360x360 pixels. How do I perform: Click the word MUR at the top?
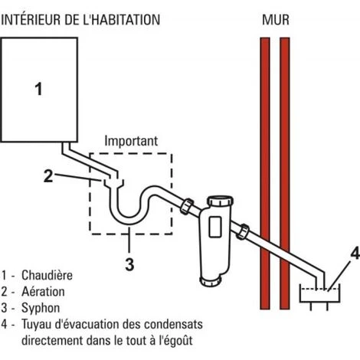click(x=276, y=20)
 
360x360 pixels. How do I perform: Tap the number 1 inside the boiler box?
click(x=38, y=89)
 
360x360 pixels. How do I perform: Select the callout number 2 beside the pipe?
click(x=48, y=175)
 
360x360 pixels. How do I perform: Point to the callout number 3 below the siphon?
click(x=129, y=264)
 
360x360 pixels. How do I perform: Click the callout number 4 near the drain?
click(x=355, y=254)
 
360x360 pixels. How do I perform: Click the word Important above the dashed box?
click(x=131, y=141)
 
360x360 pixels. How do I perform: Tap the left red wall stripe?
click(x=265, y=173)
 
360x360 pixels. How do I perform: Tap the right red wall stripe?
click(x=285, y=173)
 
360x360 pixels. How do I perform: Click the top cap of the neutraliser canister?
click(x=220, y=201)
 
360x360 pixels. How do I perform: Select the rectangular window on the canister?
click(x=215, y=226)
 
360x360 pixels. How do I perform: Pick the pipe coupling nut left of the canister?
click(x=187, y=206)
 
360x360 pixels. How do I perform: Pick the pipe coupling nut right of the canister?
click(x=243, y=231)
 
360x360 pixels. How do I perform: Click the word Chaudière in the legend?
click(x=47, y=275)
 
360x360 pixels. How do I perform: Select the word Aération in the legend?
click(x=43, y=292)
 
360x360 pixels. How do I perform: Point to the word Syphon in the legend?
click(x=41, y=308)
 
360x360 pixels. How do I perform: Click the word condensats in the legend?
click(x=174, y=324)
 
